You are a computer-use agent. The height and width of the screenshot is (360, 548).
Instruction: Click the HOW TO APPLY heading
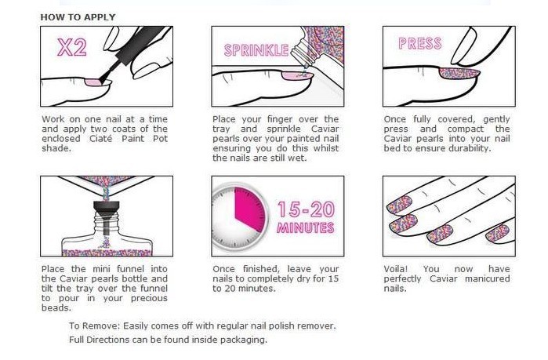pyautogui.click(x=78, y=17)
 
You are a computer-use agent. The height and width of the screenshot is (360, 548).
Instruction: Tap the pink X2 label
pyautogui.click(x=72, y=47)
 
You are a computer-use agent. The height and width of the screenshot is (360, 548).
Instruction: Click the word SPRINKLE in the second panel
pyautogui.click(x=256, y=50)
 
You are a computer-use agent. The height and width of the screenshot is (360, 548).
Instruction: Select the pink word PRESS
pyautogui.click(x=419, y=44)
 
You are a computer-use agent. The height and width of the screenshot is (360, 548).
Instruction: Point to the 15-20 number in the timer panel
pyautogui.click(x=306, y=209)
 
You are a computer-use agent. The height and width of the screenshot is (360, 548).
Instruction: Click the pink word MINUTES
pyautogui.click(x=306, y=228)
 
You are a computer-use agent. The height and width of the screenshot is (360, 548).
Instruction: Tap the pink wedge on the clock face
pyautogui.click(x=249, y=209)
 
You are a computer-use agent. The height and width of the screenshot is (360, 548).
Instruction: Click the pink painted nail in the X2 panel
pyautogui.click(x=93, y=82)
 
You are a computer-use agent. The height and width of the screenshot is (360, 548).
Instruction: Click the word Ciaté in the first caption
pyautogui.click(x=100, y=138)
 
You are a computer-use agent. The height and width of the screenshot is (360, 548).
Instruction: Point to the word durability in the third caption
pyautogui.click(x=470, y=148)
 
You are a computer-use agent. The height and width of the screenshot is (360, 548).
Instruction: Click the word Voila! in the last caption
pyautogui.click(x=396, y=269)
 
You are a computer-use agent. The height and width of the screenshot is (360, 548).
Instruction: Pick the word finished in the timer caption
pyautogui.click(x=259, y=269)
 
